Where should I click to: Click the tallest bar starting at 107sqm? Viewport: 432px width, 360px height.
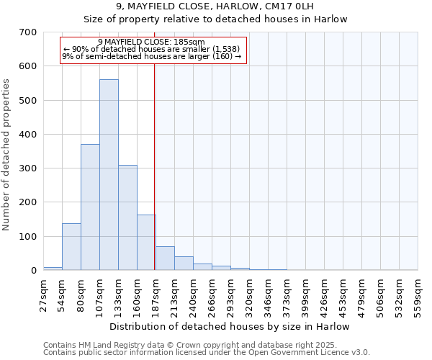109,175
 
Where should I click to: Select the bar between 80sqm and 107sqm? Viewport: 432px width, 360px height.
90,207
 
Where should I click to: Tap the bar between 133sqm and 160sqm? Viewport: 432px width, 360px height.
127,217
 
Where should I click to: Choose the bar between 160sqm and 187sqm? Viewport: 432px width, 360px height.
146,243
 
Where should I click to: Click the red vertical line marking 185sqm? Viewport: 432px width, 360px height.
155,166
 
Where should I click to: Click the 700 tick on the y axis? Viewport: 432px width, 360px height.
28,32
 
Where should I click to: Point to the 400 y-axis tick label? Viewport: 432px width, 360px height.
28,135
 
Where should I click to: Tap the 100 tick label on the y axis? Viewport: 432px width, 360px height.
28,237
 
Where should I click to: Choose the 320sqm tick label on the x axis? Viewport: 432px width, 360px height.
250,294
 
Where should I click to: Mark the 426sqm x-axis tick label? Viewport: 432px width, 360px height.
325,294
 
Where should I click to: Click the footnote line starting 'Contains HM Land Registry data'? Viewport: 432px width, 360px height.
189,345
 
